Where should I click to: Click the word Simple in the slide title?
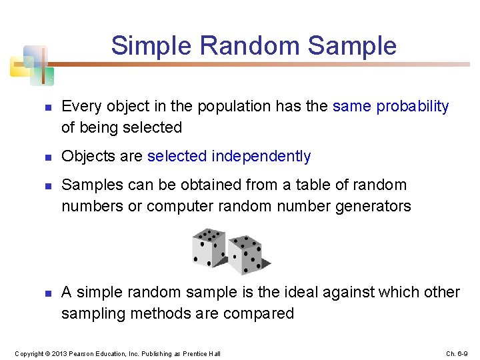[151, 47]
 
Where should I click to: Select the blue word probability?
[413, 107]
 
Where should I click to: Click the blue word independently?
[261, 157]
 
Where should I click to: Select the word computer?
[180, 207]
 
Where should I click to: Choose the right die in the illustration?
[247, 255]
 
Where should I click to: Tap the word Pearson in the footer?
[82, 353]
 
